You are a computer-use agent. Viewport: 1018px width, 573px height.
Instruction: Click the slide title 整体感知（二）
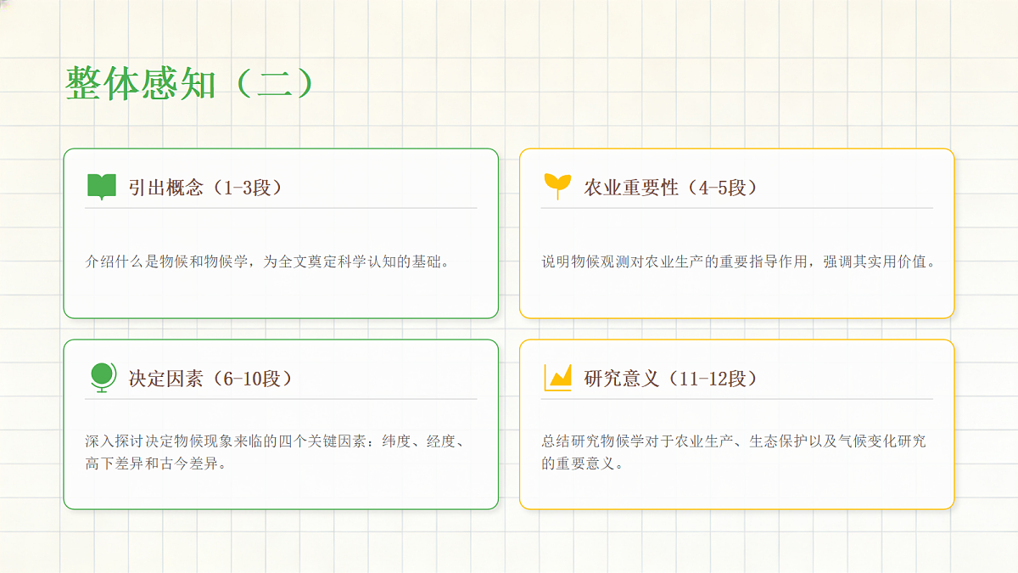[x=189, y=84]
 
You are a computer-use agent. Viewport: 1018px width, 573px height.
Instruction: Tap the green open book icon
[x=101, y=187]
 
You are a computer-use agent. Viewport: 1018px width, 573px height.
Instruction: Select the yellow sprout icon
[x=557, y=186]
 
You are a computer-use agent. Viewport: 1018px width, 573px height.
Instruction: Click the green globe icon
[x=103, y=378]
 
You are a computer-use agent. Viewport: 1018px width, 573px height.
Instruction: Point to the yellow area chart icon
[x=557, y=378]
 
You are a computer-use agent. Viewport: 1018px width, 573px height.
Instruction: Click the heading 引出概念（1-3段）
[x=205, y=188]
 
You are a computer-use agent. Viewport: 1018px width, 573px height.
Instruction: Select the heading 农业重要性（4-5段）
[x=671, y=188]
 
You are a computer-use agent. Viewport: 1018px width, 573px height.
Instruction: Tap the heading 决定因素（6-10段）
[x=210, y=379]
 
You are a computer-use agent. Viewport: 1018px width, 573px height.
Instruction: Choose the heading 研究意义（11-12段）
[x=671, y=379]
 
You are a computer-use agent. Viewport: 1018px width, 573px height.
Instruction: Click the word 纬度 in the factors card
[x=396, y=441]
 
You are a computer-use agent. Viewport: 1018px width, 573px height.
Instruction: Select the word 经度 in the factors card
[x=441, y=441]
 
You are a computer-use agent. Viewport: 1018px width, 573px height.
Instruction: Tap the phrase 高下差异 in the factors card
[x=114, y=463]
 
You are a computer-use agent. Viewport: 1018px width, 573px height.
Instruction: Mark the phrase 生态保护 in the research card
[x=778, y=441]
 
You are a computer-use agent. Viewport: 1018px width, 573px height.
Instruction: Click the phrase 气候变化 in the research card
[x=867, y=441]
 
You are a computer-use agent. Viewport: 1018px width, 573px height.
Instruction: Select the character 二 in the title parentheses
[x=274, y=84]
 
